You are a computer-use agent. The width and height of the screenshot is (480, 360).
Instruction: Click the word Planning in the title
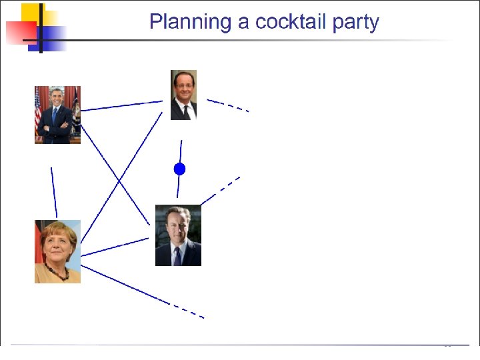tap(190, 23)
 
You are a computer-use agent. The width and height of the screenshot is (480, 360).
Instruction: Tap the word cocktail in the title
tap(290, 22)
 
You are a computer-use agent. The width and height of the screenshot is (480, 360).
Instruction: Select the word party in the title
tap(356, 23)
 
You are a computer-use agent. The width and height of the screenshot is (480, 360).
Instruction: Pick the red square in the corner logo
tap(21, 33)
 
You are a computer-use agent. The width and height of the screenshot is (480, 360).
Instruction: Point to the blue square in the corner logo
tap(47, 39)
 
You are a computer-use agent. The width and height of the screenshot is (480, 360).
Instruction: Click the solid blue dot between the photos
tap(180, 169)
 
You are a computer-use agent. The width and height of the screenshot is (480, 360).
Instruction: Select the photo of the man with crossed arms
tap(57, 115)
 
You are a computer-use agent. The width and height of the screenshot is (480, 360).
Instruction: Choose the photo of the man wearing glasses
tap(184, 95)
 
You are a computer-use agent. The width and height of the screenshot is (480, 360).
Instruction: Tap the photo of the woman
tap(57, 251)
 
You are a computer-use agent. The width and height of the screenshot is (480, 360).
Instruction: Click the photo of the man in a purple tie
tap(178, 235)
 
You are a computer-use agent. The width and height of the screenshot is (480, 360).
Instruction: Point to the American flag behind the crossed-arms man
tap(38, 110)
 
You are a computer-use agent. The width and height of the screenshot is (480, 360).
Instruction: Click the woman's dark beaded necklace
tap(57, 273)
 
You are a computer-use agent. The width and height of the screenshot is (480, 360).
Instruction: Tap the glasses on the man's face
tap(184, 86)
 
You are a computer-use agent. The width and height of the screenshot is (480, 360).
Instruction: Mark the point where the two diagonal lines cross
tap(119, 182)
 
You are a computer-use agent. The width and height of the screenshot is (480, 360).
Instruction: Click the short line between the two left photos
tap(54, 193)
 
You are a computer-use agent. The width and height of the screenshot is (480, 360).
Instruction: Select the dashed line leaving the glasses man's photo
tap(228, 105)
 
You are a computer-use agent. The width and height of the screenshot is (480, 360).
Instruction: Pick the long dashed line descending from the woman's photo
tap(143, 292)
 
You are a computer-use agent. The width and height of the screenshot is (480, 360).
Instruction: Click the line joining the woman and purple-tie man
tap(115, 247)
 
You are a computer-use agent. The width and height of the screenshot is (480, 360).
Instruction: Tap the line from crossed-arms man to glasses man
tap(121, 106)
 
